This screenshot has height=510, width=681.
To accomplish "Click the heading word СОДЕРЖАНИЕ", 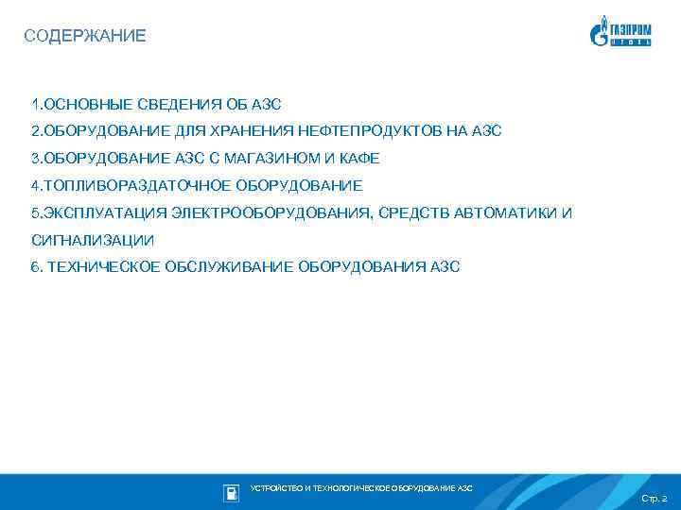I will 85,37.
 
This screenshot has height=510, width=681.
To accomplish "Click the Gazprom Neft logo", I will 621,32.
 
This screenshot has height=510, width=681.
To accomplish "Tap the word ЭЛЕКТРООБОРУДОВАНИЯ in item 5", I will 271,212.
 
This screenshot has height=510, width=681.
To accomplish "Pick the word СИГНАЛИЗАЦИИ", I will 93,240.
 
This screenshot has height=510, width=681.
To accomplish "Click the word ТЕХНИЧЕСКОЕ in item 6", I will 104,267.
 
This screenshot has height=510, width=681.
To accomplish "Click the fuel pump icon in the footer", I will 231,492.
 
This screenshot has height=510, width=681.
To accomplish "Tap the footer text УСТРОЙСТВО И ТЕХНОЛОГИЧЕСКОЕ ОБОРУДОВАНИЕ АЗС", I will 360,488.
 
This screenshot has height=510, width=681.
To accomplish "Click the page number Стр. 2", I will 654,498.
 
